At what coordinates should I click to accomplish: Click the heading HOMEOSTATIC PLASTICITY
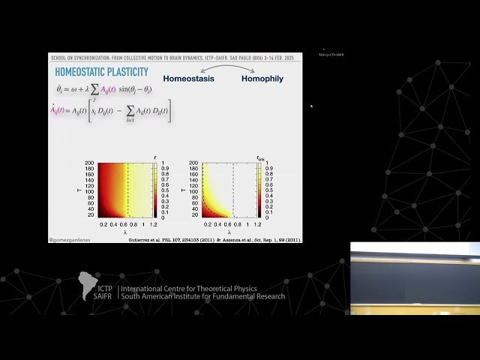[101, 72]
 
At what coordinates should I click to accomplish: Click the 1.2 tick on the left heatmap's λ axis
[153, 224]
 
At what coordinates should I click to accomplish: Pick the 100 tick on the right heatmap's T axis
[194, 190]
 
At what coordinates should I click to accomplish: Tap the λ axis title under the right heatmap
[228, 232]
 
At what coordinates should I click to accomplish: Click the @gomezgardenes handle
[72, 240]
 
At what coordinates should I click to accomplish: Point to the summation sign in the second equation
[128, 111]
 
